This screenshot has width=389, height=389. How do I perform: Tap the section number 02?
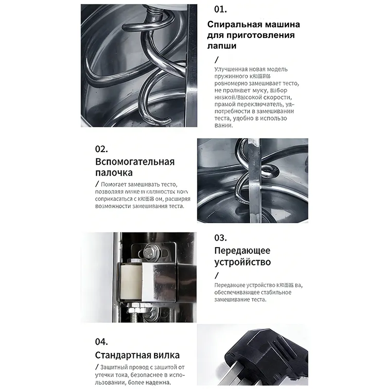tap(101, 149)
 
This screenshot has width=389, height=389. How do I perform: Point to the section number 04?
tap(101, 342)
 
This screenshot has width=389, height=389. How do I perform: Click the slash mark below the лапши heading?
tap(216, 60)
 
